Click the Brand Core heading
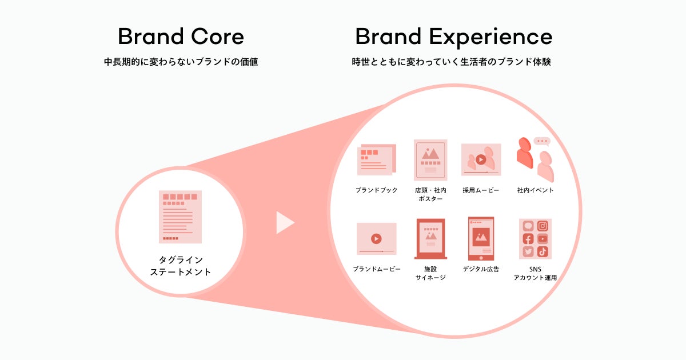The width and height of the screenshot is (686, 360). tap(181, 37)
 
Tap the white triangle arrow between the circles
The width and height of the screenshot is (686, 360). tap(285, 222)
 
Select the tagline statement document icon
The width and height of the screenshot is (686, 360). tap(180, 217)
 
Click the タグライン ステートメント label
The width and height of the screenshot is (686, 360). tap(181, 266)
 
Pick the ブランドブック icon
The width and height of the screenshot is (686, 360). tap(377, 159)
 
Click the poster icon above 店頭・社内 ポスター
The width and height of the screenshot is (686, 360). tap(430, 160)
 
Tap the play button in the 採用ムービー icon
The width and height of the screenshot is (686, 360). tap(481, 159)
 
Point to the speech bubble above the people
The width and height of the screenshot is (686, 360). tap(542, 142)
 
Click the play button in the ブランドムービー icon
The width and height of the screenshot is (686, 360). tap(376, 238)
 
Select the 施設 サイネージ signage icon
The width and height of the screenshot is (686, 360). tap(430, 239)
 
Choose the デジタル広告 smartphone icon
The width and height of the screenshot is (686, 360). tap(481, 239)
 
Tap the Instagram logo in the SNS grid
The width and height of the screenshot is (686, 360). tap(543, 226)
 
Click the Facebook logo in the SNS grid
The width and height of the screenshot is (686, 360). tap(528, 239)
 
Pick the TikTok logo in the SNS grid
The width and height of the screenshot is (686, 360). tap(543, 251)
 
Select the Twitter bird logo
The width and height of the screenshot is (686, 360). tap(528, 251)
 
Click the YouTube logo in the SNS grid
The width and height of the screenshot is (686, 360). tap(543, 239)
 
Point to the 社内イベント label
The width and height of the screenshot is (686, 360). tap(535, 190)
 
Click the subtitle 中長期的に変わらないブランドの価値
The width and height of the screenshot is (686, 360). tap(181, 62)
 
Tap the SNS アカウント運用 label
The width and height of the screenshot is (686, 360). tap(535, 273)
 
